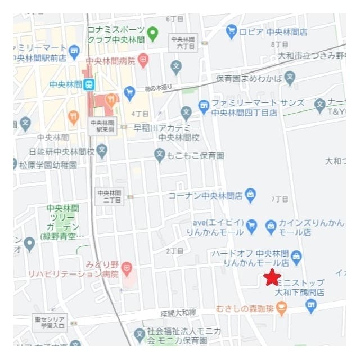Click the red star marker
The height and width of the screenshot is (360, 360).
272,277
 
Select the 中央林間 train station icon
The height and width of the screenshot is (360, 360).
88,85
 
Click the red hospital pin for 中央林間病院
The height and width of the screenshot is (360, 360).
143,60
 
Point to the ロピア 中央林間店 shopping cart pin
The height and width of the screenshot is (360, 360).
231,31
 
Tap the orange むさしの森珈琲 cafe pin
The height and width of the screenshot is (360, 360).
282,308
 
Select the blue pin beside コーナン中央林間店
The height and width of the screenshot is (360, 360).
251,195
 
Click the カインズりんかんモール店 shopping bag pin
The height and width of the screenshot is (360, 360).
271,226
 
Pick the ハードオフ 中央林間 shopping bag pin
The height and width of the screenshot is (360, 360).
297,257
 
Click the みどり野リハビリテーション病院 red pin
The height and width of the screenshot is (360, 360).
127,267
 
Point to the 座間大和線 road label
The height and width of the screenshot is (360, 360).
178,312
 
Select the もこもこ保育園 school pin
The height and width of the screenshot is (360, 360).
160,155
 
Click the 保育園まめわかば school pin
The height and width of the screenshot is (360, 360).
290,78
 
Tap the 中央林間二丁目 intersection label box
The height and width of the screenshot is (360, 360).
109,196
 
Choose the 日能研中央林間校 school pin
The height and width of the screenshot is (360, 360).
102,151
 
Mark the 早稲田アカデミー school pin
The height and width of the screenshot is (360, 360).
186,113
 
